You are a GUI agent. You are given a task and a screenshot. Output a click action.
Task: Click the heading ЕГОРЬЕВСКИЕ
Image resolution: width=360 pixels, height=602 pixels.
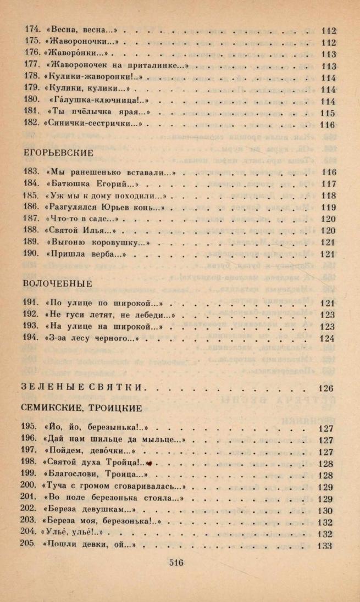58,152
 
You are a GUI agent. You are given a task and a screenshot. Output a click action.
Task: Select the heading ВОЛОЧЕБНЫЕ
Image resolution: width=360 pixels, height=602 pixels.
58,283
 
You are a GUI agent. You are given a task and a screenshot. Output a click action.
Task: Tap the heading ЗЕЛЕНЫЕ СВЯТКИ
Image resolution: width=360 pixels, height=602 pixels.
84,388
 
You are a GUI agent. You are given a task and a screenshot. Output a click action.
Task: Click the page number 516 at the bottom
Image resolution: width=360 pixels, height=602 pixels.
176,562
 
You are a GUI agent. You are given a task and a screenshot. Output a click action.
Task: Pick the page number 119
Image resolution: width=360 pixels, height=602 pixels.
328,208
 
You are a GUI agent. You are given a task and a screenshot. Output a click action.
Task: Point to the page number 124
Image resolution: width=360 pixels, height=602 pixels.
327,338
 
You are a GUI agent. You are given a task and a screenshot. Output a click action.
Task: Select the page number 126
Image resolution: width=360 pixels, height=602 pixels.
326,388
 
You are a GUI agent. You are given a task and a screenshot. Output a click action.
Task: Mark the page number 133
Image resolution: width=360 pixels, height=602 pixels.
326,546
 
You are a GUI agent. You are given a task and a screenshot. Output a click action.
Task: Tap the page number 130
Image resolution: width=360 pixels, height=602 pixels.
326,511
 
